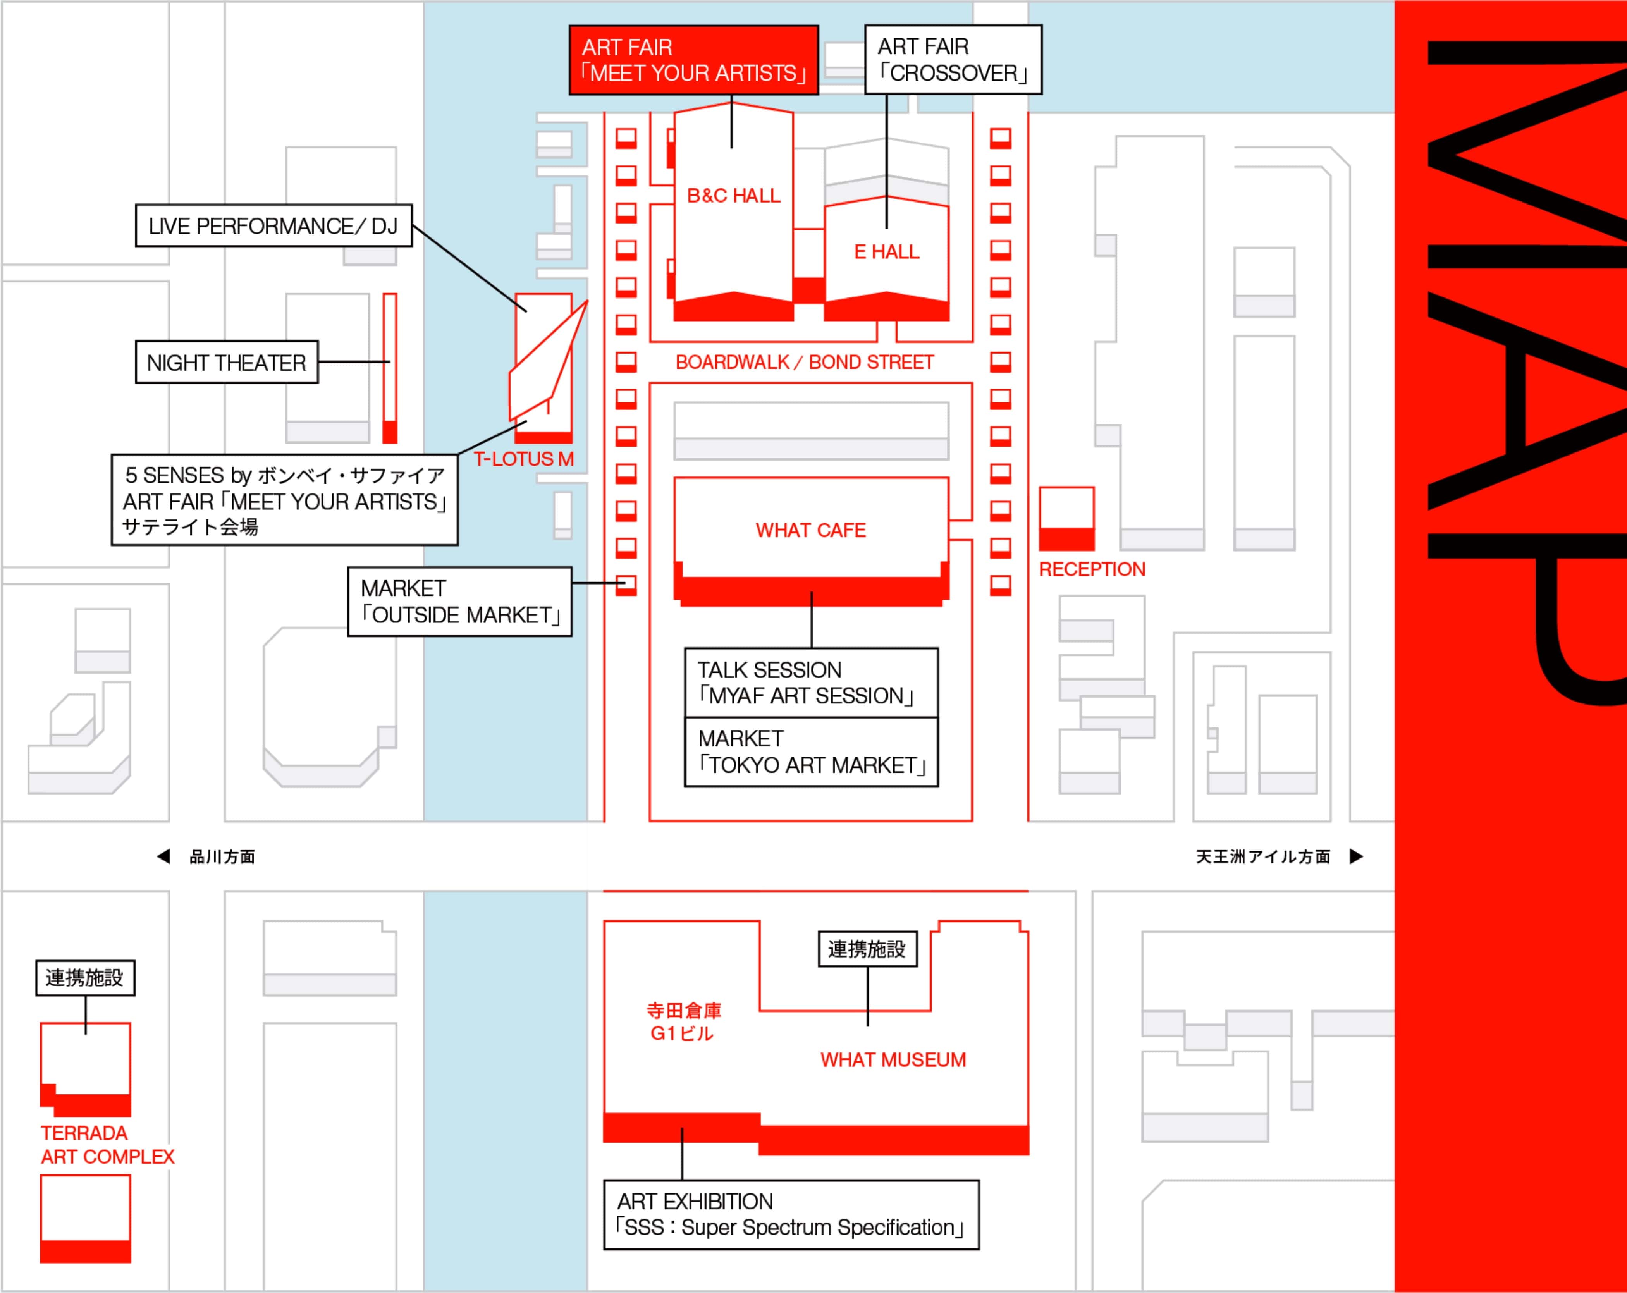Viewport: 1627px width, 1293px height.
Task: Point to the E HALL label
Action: pyautogui.click(x=887, y=252)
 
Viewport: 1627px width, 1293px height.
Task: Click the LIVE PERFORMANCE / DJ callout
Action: pyautogui.click(x=273, y=225)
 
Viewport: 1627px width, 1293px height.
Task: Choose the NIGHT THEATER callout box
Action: pyautogui.click(x=226, y=363)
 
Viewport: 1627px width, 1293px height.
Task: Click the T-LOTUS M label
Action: pyautogui.click(x=524, y=459)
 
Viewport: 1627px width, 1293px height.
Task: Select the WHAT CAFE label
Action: pyautogui.click(x=810, y=530)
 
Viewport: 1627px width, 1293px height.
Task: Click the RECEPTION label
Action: pyautogui.click(x=1092, y=569)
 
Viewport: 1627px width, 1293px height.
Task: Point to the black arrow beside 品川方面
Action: pyautogui.click(x=163, y=856)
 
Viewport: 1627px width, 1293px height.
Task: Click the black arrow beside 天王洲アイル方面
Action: pyautogui.click(x=1356, y=856)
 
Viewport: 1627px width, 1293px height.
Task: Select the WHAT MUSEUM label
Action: pyautogui.click(x=893, y=1060)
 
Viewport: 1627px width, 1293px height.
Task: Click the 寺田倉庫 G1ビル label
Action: pyautogui.click(x=683, y=1022)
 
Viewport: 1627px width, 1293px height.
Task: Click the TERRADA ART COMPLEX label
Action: pyautogui.click(x=107, y=1144)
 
